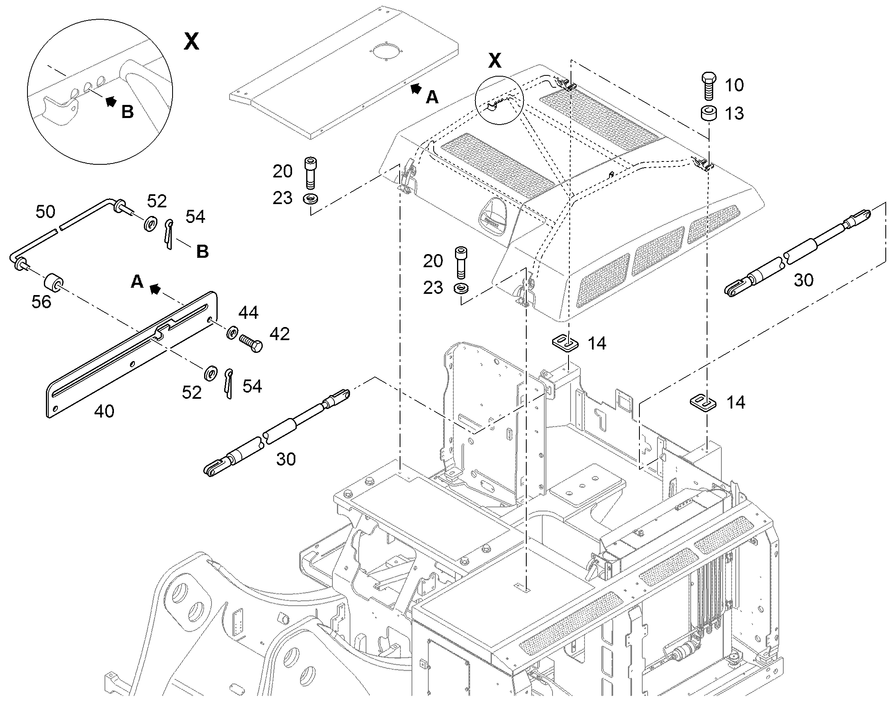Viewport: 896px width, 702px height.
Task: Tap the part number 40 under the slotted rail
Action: [105, 411]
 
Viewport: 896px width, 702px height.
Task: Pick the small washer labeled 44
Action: [233, 332]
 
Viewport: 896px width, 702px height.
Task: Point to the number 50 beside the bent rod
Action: [45, 212]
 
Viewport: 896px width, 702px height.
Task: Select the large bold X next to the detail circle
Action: [191, 41]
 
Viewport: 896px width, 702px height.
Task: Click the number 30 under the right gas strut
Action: [803, 280]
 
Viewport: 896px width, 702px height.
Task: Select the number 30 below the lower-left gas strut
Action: [286, 459]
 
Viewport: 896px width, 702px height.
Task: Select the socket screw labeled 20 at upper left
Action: [311, 173]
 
